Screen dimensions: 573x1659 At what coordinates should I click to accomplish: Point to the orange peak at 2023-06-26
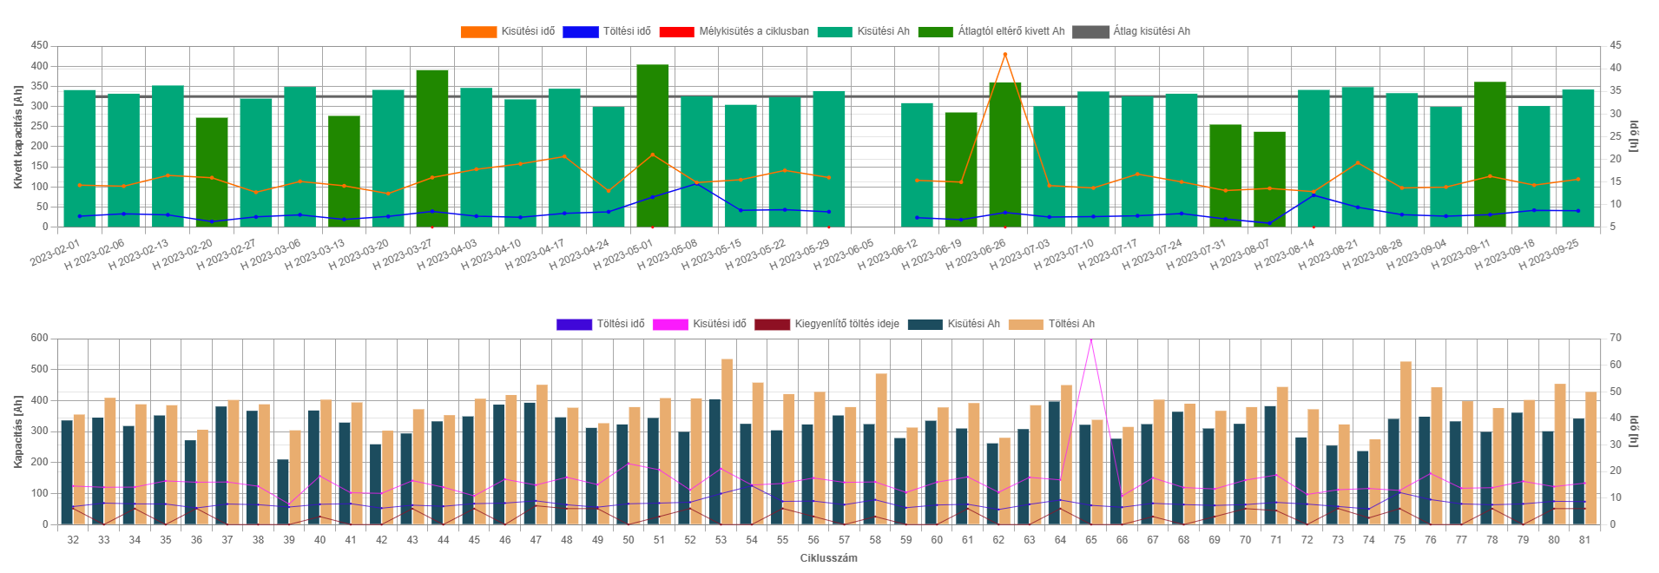tap(1005, 55)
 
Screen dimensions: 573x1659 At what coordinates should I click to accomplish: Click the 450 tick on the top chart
tap(39, 45)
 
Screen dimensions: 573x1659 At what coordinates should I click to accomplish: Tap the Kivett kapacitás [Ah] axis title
tap(18, 136)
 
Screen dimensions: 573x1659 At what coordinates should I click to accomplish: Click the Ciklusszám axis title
tap(828, 558)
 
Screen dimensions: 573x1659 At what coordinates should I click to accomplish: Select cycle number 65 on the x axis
tap(1091, 540)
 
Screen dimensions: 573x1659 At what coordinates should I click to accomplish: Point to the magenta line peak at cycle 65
tap(1091, 339)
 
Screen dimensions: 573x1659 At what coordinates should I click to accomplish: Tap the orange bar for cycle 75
tap(1406, 443)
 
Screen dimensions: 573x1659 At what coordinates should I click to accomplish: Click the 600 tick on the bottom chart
tap(39, 338)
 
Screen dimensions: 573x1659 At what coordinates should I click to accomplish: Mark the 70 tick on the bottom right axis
tap(1615, 338)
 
